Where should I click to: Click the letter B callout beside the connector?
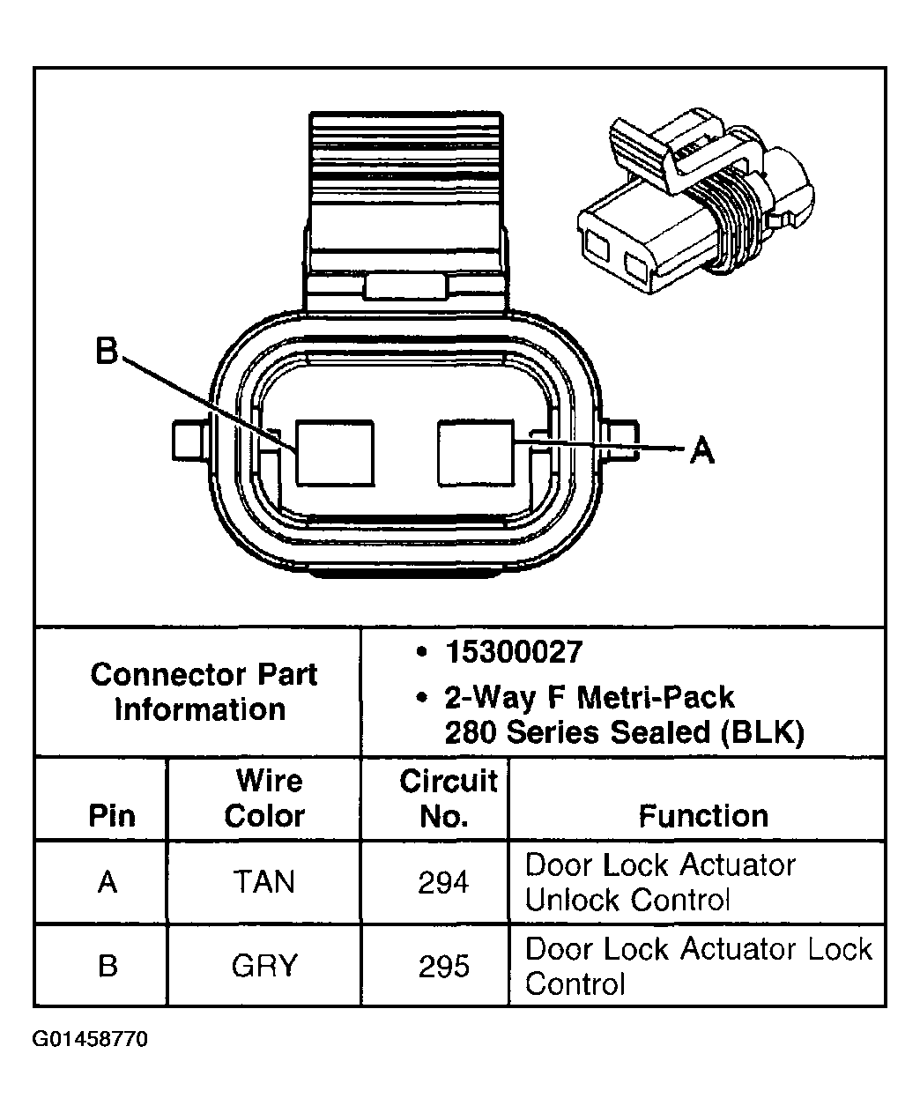point(107,352)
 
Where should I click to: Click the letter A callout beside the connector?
point(701,450)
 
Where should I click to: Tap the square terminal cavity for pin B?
point(334,453)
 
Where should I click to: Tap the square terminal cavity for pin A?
point(476,452)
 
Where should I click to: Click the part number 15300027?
point(514,652)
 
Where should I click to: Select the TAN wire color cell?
point(263,882)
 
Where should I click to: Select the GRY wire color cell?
point(263,967)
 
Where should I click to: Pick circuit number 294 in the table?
point(443,882)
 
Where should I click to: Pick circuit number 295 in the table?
point(443,967)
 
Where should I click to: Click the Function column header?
point(703,816)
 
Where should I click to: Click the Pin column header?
point(112,816)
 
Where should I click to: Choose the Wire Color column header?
point(264,798)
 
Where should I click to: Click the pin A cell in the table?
point(108,882)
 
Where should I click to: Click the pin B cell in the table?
point(108,967)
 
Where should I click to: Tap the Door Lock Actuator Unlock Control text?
point(659,882)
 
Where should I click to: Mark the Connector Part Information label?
point(203,692)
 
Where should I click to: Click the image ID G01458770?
point(90,1039)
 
